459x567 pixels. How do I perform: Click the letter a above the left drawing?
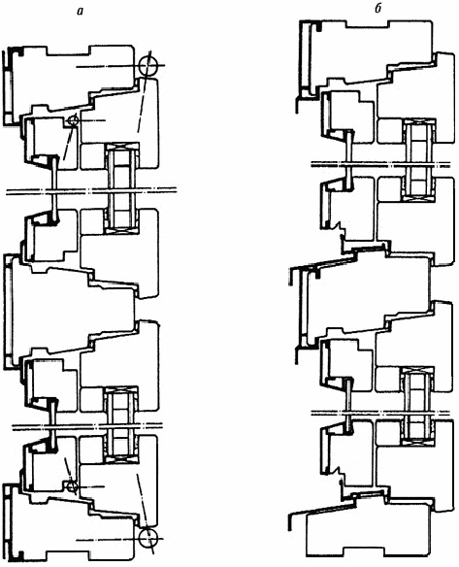click(x=80, y=12)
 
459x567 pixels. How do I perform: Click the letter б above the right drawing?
click(x=378, y=10)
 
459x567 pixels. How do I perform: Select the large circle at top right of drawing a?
click(x=148, y=66)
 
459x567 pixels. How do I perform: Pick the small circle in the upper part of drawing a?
click(x=74, y=120)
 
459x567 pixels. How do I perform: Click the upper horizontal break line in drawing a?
click(x=91, y=191)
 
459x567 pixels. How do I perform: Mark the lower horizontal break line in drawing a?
click(x=87, y=426)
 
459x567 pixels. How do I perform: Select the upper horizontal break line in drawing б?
click(x=380, y=164)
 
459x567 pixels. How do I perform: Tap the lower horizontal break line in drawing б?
click(x=380, y=413)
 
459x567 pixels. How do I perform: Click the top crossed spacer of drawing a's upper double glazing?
click(x=121, y=146)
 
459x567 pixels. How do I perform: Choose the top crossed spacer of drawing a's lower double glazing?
click(x=120, y=390)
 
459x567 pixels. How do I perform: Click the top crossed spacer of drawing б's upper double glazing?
click(x=419, y=122)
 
